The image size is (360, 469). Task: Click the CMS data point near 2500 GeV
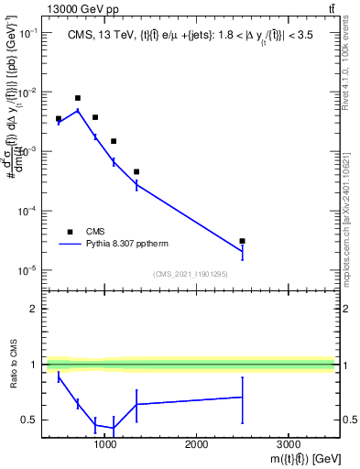(242, 241)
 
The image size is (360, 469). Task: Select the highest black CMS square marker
(78, 98)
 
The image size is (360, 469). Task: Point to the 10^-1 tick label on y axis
(27, 33)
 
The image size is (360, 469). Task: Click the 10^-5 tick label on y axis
(27, 270)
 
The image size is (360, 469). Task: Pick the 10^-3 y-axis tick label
(27, 152)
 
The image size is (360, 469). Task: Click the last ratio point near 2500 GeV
(242, 398)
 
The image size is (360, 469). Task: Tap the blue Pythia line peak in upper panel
(78, 111)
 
